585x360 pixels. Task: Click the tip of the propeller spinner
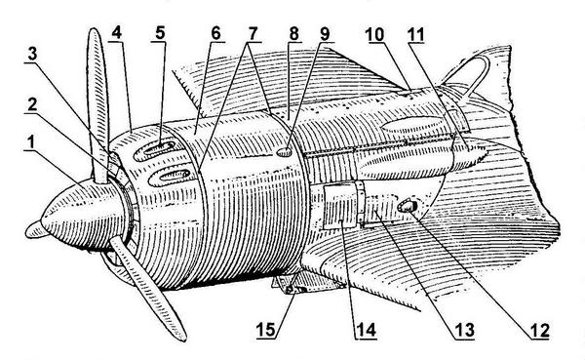point(30,230)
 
